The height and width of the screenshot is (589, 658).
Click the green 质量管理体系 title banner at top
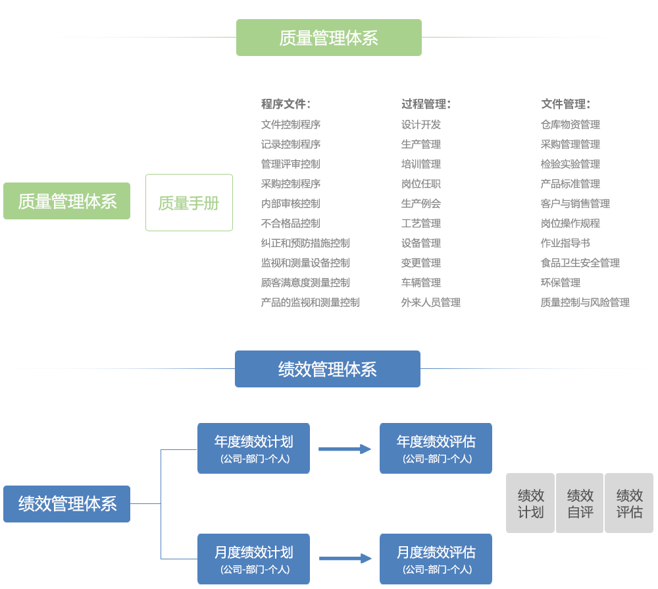328,38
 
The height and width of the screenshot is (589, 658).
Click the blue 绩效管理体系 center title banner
327,369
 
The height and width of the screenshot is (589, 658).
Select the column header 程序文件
286,104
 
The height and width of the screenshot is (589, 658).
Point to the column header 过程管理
426,104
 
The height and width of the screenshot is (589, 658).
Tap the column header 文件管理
565,104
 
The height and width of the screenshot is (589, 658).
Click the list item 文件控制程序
290,125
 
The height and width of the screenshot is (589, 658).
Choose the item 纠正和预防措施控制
305,243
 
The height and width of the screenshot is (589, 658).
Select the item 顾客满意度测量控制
305,283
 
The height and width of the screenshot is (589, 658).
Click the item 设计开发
421,125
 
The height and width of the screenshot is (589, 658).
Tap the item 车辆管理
421,283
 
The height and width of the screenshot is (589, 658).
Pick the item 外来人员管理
431,302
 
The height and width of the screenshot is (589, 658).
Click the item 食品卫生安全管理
580,263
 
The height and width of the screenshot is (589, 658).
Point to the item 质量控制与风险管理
585,302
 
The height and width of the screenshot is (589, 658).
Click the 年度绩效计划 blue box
253,448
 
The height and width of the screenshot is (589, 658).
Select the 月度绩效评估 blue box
436,559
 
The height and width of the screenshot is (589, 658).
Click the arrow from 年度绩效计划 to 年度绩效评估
345,449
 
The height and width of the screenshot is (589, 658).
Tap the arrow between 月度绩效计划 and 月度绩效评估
345,558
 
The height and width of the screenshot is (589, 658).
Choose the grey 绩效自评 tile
580,503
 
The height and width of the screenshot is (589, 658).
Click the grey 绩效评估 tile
629,503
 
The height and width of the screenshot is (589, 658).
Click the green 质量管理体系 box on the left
66,201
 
